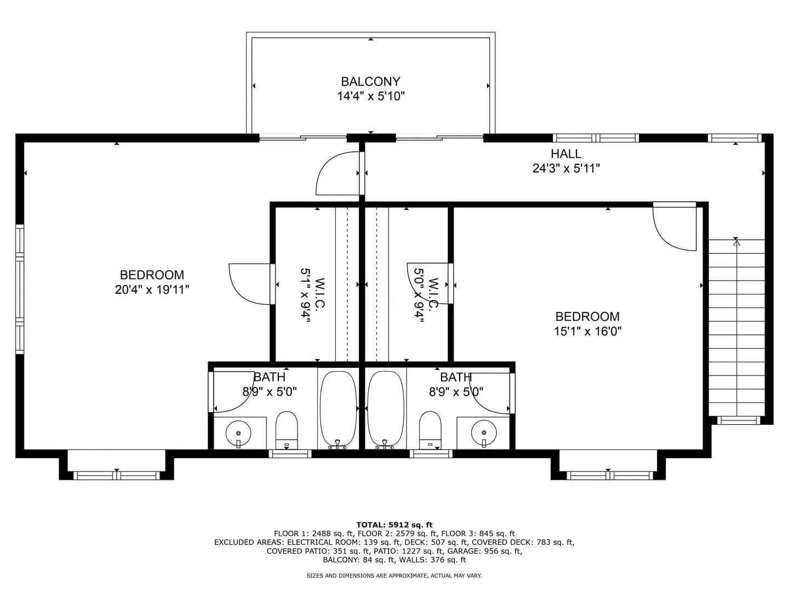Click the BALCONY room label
(x=370, y=82)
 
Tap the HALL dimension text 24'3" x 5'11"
(x=566, y=168)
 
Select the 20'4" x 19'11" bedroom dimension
(x=152, y=289)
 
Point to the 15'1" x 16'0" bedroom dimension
(x=587, y=331)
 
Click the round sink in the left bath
(x=238, y=433)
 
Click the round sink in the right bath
(x=484, y=433)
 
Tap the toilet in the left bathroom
(x=287, y=430)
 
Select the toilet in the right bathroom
(x=430, y=430)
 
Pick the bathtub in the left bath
(x=338, y=410)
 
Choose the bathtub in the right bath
(x=385, y=410)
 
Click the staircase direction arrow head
(x=737, y=243)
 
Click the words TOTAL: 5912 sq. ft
(x=395, y=525)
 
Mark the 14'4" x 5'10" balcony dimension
(x=370, y=96)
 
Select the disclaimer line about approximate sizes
(x=394, y=576)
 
